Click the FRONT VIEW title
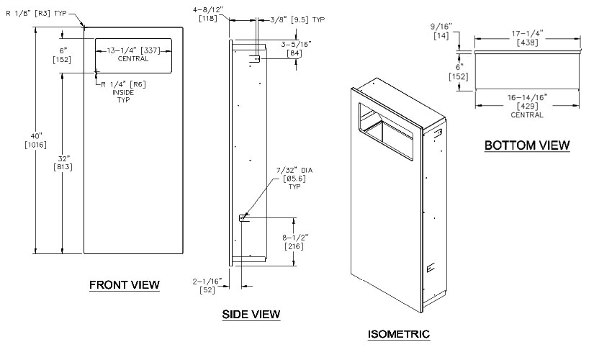(125, 285)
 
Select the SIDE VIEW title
(251, 314)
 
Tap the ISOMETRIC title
(398, 334)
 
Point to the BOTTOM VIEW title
(527, 145)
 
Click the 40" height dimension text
(36, 135)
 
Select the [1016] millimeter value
(36, 145)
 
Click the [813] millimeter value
(61, 168)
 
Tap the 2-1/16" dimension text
(207, 281)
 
